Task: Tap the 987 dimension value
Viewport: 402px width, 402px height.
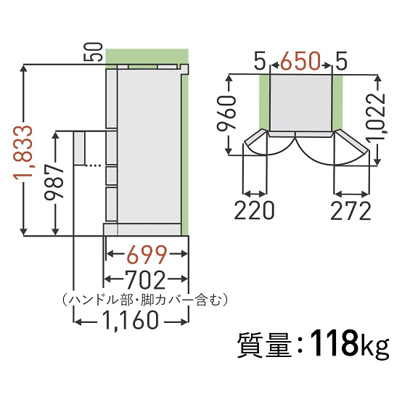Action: (x=62, y=181)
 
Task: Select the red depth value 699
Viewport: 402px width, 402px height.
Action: (x=144, y=255)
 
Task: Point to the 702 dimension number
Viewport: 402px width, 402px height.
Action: (x=144, y=279)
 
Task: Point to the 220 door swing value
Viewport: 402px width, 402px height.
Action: (x=255, y=210)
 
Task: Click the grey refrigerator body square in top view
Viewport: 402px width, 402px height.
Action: (x=300, y=102)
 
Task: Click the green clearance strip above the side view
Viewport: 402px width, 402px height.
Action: (x=145, y=57)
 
